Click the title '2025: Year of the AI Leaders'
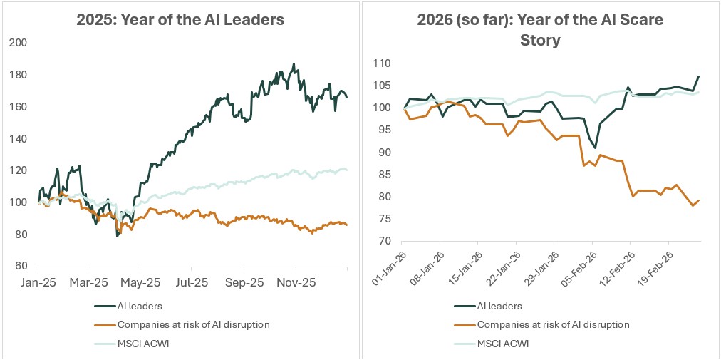[180, 19]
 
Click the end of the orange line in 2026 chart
[699, 200]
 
